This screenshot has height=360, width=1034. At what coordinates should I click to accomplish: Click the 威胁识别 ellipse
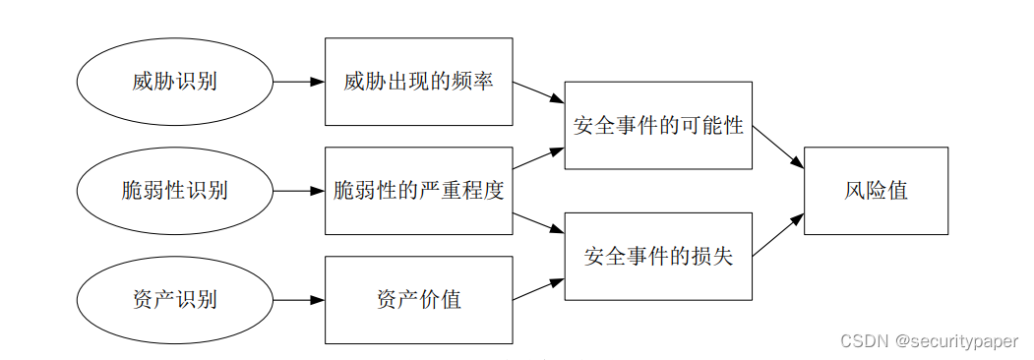(174, 82)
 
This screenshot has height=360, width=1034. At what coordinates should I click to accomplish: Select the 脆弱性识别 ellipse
(174, 191)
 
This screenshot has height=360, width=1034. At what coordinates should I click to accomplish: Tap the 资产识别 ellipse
(174, 300)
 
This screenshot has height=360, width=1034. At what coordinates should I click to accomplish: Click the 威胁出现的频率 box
(418, 82)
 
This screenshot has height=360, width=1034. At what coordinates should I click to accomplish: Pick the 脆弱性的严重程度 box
(418, 191)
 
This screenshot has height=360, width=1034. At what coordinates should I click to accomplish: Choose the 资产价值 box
(418, 300)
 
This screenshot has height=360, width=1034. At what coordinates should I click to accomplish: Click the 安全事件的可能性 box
(658, 126)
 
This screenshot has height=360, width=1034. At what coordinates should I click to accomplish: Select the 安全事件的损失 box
(658, 257)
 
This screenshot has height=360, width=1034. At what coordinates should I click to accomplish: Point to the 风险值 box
(876, 191)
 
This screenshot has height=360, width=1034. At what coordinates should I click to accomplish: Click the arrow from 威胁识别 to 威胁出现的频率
(298, 82)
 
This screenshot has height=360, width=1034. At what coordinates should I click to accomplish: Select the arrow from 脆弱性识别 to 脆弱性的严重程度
(298, 191)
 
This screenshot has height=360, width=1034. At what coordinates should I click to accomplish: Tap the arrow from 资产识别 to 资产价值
(298, 300)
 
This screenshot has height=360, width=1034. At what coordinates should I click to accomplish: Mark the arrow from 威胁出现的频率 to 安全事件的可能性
(538, 93)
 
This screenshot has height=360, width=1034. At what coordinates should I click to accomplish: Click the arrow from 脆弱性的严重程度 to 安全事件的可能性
(538, 159)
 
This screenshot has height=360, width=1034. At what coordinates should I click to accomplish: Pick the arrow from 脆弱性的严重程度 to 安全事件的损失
(538, 222)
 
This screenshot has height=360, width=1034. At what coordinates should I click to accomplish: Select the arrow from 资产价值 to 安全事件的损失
(538, 288)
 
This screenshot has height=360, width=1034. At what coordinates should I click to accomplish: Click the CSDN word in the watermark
(861, 339)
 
